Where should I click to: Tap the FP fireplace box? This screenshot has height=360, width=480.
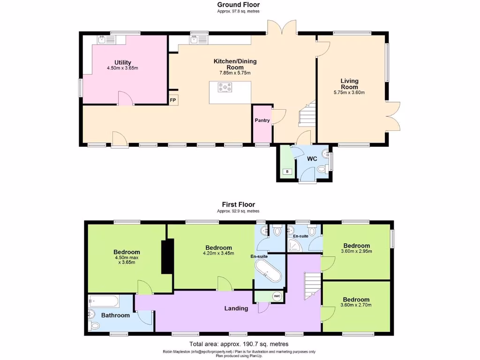pyautogui.click(x=172, y=100)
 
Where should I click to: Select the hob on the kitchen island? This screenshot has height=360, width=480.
pyautogui.click(x=225, y=87)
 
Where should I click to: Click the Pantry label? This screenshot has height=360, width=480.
pyautogui.click(x=262, y=120)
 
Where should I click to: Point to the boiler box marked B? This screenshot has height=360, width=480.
pyautogui.click(x=287, y=172)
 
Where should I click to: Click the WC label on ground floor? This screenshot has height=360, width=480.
pyautogui.click(x=312, y=159)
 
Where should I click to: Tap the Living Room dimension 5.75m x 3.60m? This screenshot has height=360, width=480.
pyautogui.click(x=349, y=93)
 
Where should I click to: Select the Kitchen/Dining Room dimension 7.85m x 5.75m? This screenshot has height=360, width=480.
pyautogui.click(x=235, y=73)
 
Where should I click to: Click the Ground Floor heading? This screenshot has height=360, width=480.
pyautogui.click(x=239, y=5)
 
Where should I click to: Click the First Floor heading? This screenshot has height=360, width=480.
pyautogui.click(x=239, y=204)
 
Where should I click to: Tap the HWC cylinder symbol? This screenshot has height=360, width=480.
pyautogui.click(x=277, y=296)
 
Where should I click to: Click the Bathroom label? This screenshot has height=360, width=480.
pyautogui.click(x=115, y=315)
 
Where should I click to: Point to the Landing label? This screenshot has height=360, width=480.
pyautogui.click(x=236, y=308)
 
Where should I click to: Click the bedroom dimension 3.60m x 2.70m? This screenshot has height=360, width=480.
pyautogui.click(x=356, y=305)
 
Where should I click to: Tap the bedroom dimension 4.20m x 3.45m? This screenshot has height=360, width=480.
pyautogui.click(x=218, y=254)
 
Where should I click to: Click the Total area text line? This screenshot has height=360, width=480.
pyautogui.click(x=239, y=344)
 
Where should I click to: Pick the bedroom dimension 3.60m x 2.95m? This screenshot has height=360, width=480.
pyautogui.click(x=356, y=251)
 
